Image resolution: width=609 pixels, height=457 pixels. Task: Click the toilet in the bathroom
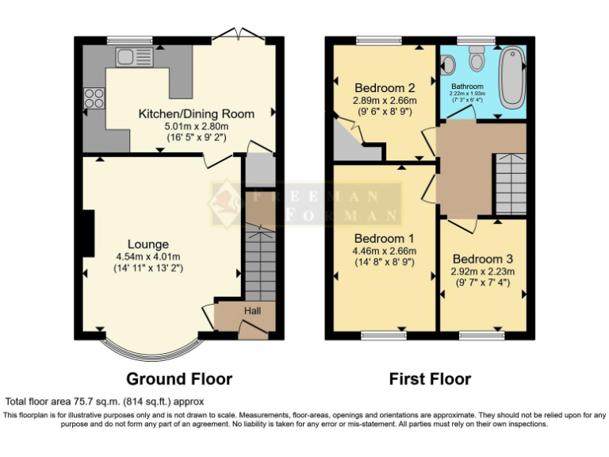point(477,58)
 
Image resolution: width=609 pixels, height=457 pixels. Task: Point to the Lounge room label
point(148,244)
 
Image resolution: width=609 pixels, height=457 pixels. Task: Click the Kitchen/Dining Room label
point(196,113)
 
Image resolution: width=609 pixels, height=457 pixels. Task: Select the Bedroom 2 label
point(385,87)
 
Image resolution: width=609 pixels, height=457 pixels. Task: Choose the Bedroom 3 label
point(483,259)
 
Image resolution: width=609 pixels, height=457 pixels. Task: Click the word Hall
point(252,311)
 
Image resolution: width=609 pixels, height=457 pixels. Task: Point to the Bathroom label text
point(467,86)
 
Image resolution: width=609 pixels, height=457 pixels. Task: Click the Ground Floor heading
point(179,379)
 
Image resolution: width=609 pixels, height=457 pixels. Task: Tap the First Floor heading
point(430,379)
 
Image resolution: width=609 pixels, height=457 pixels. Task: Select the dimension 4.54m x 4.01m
point(148,256)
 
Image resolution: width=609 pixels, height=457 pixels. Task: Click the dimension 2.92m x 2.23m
point(483,271)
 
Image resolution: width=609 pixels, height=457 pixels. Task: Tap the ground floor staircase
point(259,262)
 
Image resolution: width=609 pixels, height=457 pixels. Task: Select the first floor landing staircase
point(511,183)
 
